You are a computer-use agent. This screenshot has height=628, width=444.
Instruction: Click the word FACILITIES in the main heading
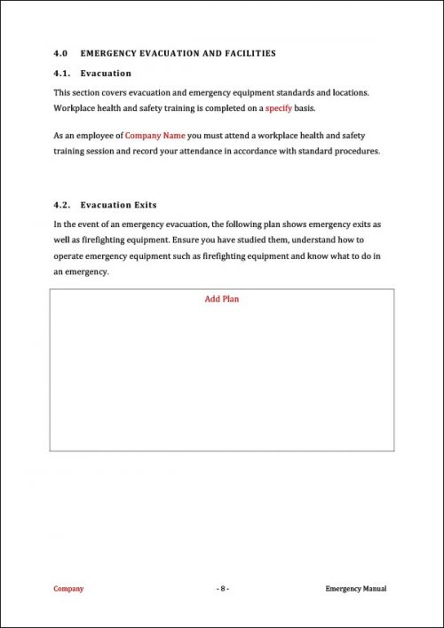[x=244, y=53]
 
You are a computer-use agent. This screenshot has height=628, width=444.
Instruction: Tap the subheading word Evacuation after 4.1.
[x=106, y=73]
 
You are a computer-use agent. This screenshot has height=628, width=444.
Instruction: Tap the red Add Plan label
[x=222, y=299]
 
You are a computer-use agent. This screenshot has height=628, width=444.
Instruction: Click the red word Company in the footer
[x=68, y=589]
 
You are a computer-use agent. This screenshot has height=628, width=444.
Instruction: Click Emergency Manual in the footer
[x=356, y=589]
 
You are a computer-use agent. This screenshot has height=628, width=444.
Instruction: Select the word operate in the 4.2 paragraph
[x=72, y=256]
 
